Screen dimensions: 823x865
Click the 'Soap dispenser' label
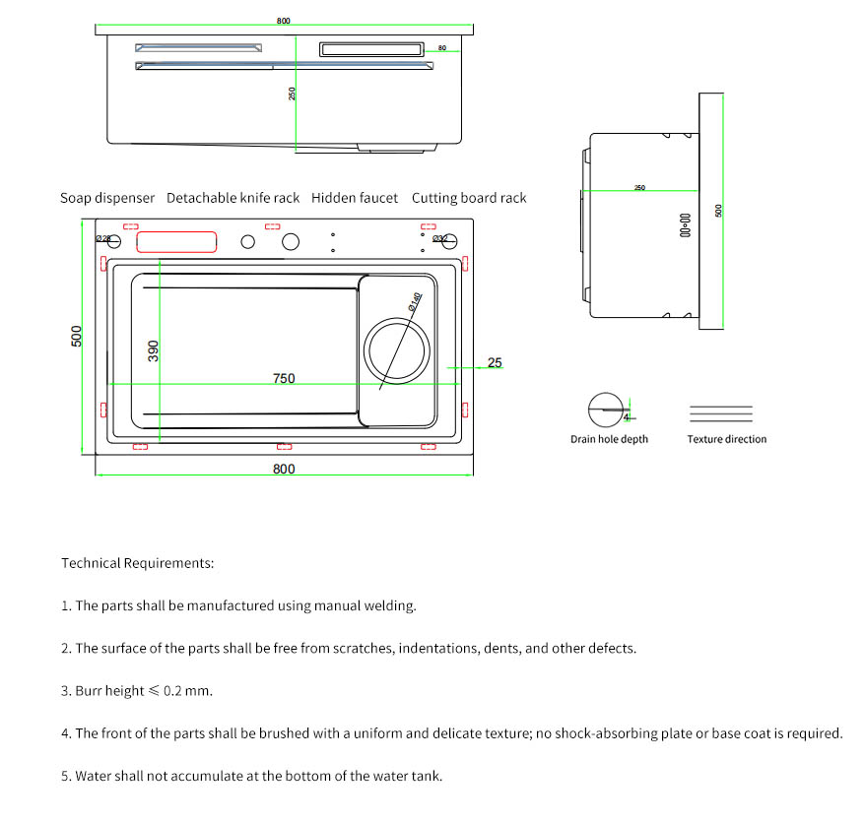click(107, 198)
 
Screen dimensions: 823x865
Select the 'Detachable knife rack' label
click(233, 198)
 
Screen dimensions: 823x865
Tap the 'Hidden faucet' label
click(355, 198)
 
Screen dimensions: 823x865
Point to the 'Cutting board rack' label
click(469, 198)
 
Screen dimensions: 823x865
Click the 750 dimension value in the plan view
click(284, 378)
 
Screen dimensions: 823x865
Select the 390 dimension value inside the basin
click(153, 349)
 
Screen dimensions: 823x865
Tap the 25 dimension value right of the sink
click(495, 362)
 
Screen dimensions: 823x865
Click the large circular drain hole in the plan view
click(397, 349)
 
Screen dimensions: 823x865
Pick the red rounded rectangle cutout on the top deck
click(176, 241)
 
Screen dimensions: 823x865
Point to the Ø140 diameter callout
click(415, 302)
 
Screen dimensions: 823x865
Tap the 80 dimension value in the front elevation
click(442, 47)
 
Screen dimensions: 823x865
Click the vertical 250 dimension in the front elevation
click(292, 94)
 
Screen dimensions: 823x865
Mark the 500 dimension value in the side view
click(718, 210)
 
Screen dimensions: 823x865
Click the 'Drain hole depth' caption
click(609, 439)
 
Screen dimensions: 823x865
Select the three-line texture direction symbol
click(720, 413)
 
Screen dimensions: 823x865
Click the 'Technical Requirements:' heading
click(137, 563)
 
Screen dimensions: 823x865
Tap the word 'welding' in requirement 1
click(392, 605)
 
